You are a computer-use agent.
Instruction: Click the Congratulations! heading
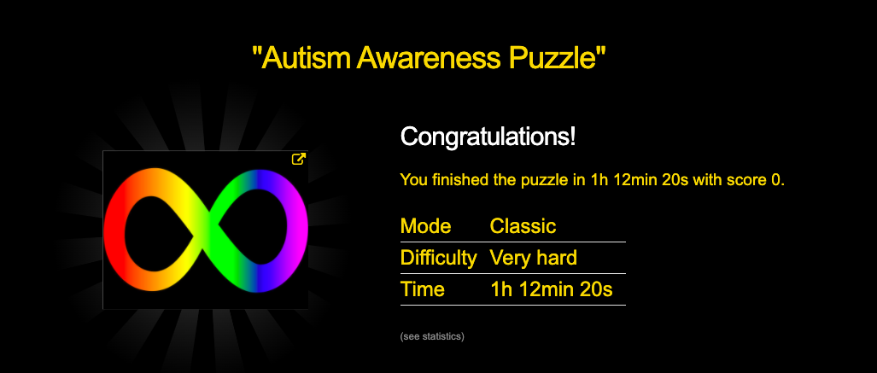[488, 137]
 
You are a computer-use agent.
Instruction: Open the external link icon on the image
[299, 160]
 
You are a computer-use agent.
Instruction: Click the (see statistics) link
[432, 336]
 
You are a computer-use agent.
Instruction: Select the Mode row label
[425, 226]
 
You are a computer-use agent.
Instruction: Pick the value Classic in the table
[523, 226]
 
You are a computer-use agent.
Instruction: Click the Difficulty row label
[439, 258]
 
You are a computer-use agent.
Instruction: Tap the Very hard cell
[534, 258]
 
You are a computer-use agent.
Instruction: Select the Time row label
[423, 289]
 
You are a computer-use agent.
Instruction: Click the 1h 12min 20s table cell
[551, 289]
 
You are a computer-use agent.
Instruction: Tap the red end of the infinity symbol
[114, 230]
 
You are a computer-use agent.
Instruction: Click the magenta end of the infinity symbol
[298, 230]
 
